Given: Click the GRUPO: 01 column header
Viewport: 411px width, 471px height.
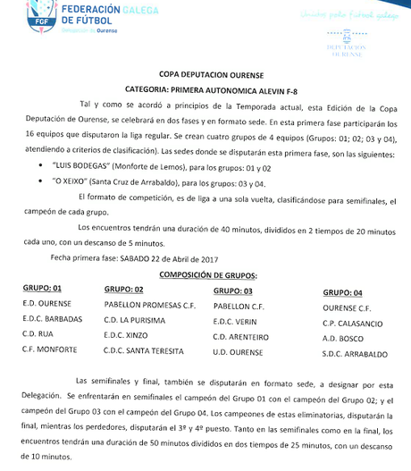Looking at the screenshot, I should click(42, 289).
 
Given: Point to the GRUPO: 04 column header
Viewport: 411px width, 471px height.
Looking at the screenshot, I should click(343, 292).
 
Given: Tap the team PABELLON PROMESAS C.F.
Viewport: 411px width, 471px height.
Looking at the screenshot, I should click(150, 305).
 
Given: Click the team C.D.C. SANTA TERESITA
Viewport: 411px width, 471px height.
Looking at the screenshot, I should click(144, 350).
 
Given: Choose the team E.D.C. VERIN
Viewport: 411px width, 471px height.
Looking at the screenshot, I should click(236, 321).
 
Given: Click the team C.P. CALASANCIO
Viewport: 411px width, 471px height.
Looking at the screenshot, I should click(355, 323).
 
